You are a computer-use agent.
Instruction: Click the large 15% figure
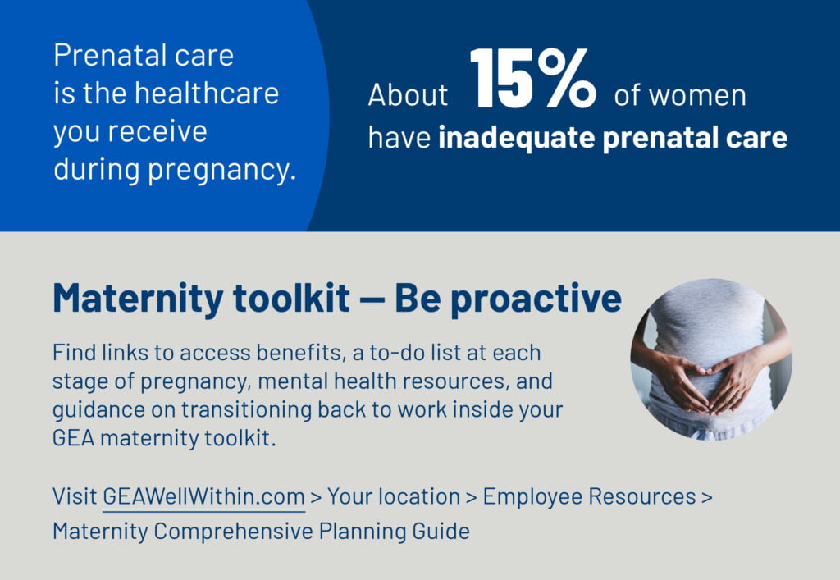533,78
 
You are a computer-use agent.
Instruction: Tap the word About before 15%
408,95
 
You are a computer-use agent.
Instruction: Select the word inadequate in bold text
517,138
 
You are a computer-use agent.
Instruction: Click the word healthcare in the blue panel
207,94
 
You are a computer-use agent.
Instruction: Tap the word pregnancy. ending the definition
221,171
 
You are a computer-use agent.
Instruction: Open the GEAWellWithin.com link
203,496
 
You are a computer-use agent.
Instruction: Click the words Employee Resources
589,497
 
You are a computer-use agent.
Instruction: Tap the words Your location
394,496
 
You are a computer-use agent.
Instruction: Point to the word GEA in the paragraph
73,438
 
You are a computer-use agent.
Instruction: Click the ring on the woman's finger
738,395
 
